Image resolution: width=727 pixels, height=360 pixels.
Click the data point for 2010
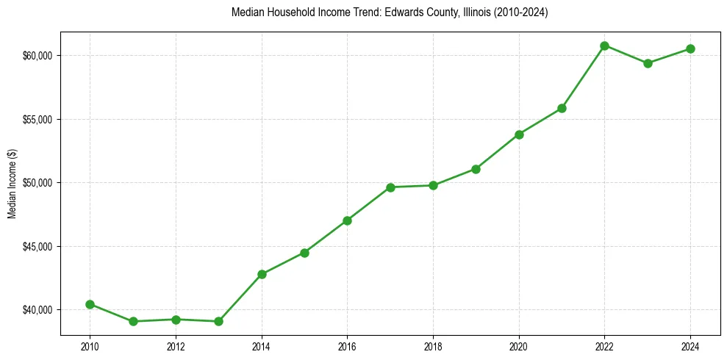click(90, 304)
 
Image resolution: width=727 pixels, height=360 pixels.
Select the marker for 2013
click(218, 321)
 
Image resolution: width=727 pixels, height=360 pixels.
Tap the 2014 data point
click(262, 274)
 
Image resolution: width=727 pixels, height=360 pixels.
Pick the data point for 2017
click(390, 187)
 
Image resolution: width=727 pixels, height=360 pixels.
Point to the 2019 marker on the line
click(476, 169)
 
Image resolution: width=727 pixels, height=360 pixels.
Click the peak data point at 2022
click(605, 46)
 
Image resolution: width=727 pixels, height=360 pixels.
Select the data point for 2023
click(648, 63)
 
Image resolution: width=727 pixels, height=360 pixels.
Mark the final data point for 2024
click(691, 48)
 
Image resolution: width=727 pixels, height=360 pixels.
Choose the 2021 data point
click(562, 108)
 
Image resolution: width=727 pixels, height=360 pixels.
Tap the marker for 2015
click(304, 253)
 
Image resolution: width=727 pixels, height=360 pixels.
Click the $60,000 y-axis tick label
click(37, 56)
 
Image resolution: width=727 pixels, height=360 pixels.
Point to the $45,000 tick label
click(37, 246)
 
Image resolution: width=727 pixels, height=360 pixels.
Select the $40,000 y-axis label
click(37, 310)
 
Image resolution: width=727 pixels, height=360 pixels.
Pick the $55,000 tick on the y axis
click(37, 119)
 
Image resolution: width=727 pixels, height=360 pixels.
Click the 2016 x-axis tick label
click(348, 346)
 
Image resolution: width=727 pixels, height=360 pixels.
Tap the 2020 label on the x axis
click(519, 346)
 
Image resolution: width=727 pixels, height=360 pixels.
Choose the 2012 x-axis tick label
click(176, 346)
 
